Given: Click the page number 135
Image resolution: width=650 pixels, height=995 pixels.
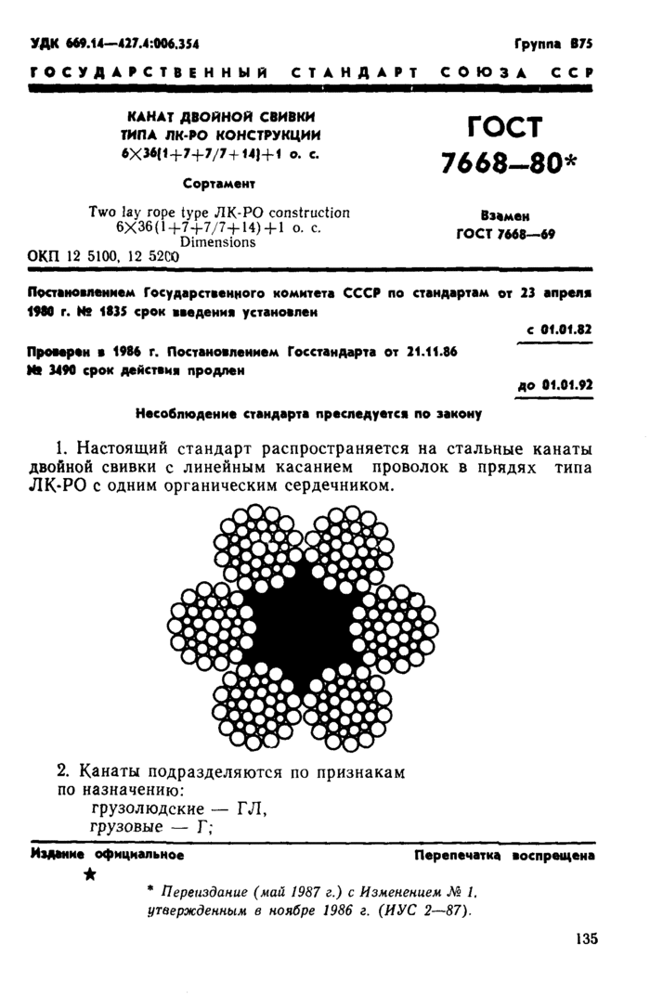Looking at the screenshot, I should (588, 938).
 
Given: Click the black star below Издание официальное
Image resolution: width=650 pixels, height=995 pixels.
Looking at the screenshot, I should (89, 874).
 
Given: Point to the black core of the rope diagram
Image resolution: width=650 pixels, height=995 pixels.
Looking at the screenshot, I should (302, 620).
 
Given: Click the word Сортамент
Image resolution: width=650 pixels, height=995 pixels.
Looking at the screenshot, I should (219, 182).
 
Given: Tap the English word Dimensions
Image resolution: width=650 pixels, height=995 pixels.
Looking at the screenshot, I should (219, 241).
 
